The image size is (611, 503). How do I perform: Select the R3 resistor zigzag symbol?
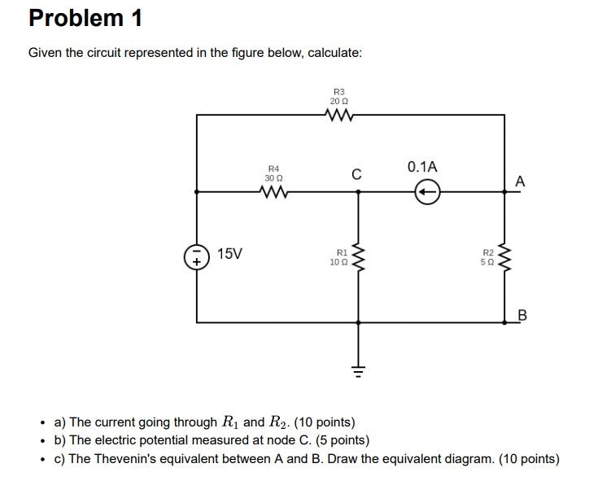[339, 116]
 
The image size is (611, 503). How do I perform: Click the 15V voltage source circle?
[196, 256]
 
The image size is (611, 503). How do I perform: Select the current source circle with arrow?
[428, 193]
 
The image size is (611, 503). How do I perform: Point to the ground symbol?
[356, 374]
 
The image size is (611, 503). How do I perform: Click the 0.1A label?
[422, 167]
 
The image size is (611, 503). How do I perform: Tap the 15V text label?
[230, 254]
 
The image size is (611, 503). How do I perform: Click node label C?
[356, 173]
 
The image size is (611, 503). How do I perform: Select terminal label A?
[521, 182]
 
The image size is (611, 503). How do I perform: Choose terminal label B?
[522, 315]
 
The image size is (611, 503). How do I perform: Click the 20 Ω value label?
[339, 101]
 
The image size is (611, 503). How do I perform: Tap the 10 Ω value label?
[338, 262]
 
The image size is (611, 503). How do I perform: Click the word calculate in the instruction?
[334, 53]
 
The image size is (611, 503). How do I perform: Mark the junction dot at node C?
[356, 193]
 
